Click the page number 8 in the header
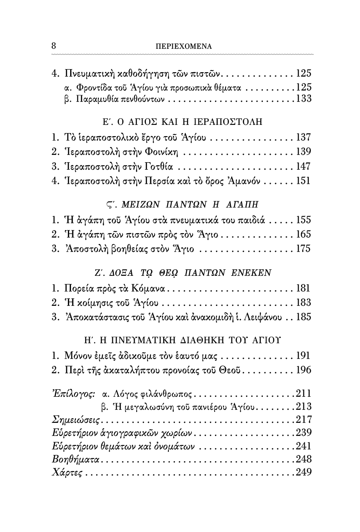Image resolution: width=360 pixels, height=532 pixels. [x=54, y=45]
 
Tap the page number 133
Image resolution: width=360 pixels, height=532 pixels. [x=303, y=98]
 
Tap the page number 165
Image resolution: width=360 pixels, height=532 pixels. [x=303, y=234]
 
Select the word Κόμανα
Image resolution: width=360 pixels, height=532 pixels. [x=150, y=288]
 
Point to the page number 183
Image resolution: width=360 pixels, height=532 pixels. [x=303, y=302]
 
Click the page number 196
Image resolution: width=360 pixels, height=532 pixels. [x=303, y=370]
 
